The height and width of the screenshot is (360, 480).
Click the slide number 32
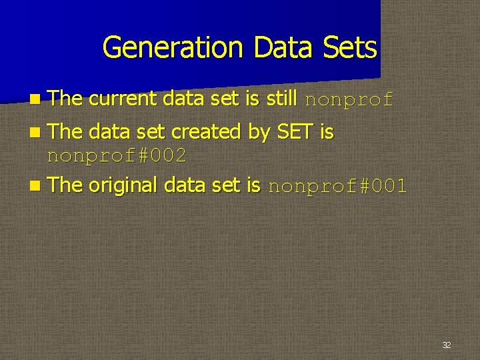(x=447, y=345)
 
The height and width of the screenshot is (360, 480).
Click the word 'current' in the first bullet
(x=123, y=99)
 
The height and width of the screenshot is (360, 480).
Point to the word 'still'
(x=281, y=99)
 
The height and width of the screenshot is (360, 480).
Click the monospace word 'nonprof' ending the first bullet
(x=349, y=101)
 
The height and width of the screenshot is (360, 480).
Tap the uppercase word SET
(x=295, y=132)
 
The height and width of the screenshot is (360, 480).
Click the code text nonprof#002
(x=117, y=157)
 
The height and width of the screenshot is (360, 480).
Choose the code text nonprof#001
(x=337, y=187)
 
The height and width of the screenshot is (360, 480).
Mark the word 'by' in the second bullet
(x=259, y=133)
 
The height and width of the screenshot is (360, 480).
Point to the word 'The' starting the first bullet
(x=65, y=99)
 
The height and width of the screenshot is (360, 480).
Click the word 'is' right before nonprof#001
(x=253, y=185)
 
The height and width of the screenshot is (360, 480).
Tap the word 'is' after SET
(x=327, y=132)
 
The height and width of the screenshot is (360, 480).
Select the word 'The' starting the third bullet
(x=65, y=185)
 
